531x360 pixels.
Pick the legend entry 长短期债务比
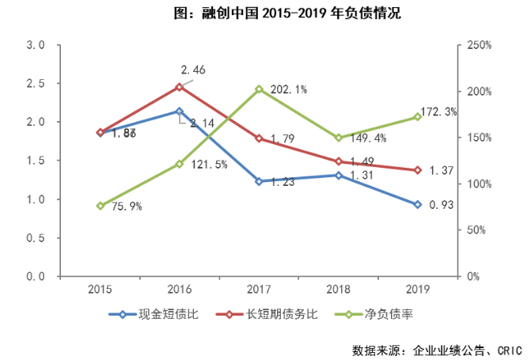[269, 314]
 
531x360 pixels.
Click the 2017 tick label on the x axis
[259, 290]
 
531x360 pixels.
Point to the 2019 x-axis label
[418, 290]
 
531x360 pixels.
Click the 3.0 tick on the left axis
[35, 45]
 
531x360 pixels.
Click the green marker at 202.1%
[259, 89]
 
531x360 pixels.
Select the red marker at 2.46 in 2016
[180, 86]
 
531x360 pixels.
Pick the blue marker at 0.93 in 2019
[418, 204]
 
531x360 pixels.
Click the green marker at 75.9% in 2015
[101, 206]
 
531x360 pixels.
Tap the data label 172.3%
[440, 112]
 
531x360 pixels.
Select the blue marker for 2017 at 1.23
[259, 181]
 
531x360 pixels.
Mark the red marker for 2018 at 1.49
[339, 161]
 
